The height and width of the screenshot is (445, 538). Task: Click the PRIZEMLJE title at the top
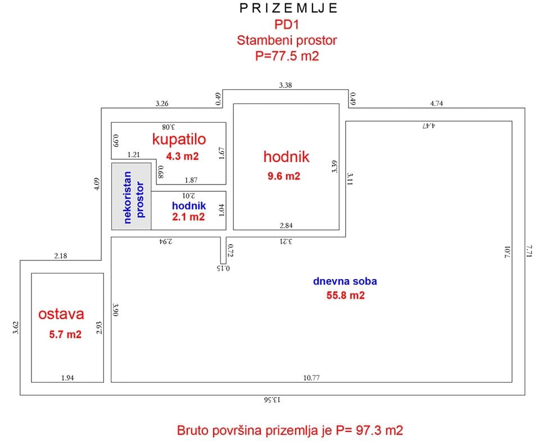288,8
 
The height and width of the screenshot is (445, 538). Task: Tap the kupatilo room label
179,139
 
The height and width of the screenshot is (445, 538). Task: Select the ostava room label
61,314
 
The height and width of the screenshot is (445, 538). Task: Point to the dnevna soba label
345,281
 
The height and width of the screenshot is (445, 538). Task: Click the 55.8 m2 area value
346,295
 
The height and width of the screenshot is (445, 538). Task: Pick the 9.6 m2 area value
284,176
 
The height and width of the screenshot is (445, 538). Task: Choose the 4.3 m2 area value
182,156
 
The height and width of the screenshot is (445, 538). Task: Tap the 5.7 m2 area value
65,334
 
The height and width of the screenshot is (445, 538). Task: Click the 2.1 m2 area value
188,217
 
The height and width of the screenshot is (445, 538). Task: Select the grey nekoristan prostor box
132,196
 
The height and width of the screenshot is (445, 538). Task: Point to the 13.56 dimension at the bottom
272,399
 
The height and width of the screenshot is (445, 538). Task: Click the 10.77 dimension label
311,377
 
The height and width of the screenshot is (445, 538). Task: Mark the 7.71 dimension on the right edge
530,251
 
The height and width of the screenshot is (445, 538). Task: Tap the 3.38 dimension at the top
286,85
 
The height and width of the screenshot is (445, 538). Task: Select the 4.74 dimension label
437,104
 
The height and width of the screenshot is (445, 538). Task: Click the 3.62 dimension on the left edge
16,327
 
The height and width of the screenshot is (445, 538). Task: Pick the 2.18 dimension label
61,256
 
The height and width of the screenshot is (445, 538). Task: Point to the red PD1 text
287,24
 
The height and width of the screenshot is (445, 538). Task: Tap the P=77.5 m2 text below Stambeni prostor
287,56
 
